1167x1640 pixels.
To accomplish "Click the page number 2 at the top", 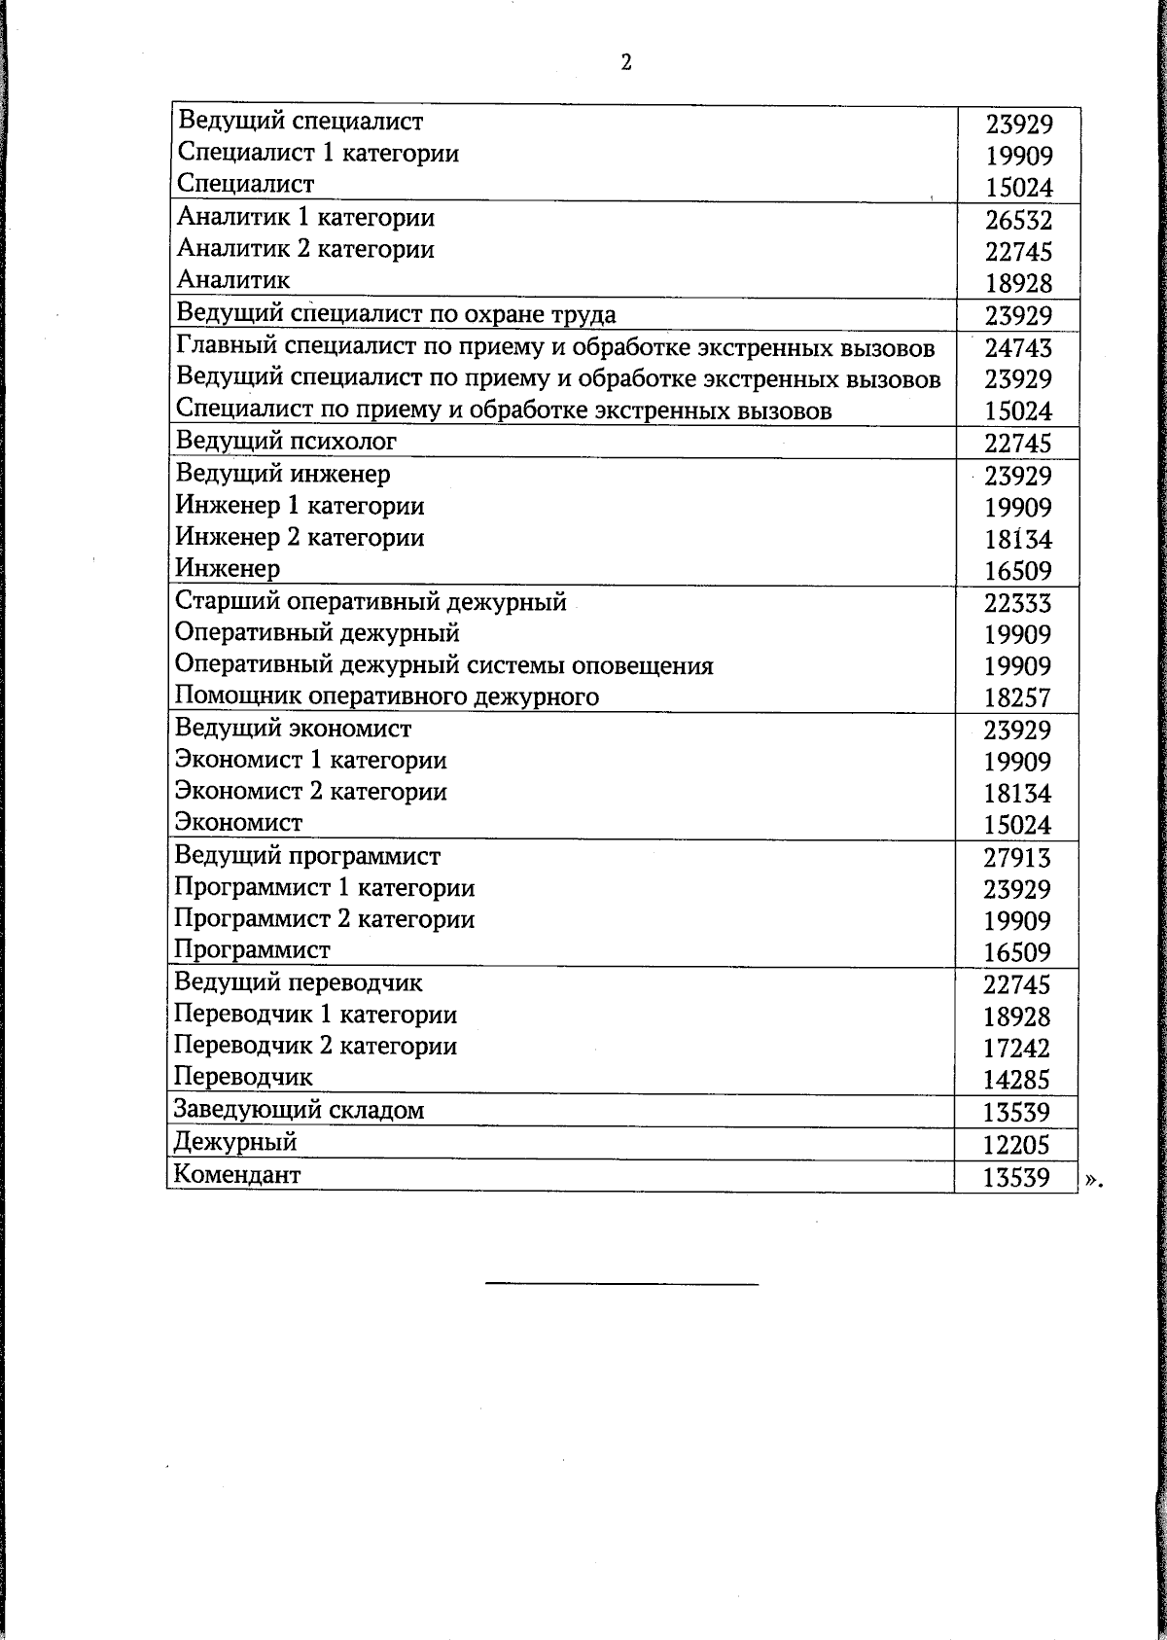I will pyautogui.click(x=626, y=63).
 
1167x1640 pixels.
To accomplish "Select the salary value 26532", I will pyautogui.click(x=1018, y=220).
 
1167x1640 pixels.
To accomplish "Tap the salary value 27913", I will pyautogui.click(x=1017, y=858).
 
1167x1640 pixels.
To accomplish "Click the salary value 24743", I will pyautogui.click(x=1018, y=348).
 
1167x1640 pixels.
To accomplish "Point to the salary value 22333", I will pyautogui.click(x=1017, y=603).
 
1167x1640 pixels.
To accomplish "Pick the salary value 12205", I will pyautogui.click(x=1016, y=1145).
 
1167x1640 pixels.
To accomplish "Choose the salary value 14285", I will pyautogui.click(x=1016, y=1080).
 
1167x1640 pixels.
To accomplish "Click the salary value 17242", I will pyautogui.click(x=1016, y=1049).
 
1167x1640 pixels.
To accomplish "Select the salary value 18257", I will pyautogui.click(x=1017, y=697).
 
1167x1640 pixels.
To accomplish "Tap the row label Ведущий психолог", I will pyautogui.click(x=286, y=442).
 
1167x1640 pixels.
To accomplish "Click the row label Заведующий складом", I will pyautogui.click(x=299, y=1110).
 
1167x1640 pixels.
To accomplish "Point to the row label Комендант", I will pyautogui.click(x=237, y=1174).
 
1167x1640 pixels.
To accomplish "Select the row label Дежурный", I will pyautogui.click(x=235, y=1142).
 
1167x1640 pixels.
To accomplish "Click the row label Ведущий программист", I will pyautogui.click(x=307, y=856).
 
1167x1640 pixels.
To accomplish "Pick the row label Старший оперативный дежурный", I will pyautogui.click(x=371, y=601).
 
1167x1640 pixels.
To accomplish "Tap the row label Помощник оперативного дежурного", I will pyautogui.click(x=387, y=696).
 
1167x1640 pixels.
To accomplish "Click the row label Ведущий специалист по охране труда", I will pyautogui.click(x=396, y=314).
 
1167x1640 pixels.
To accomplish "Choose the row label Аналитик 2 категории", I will pyautogui.click(x=305, y=249).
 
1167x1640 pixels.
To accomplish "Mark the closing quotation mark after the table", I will pyautogui.click(x=1094, y=1180).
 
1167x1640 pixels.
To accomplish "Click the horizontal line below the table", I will pyautogui.click(x=621, y=1285).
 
